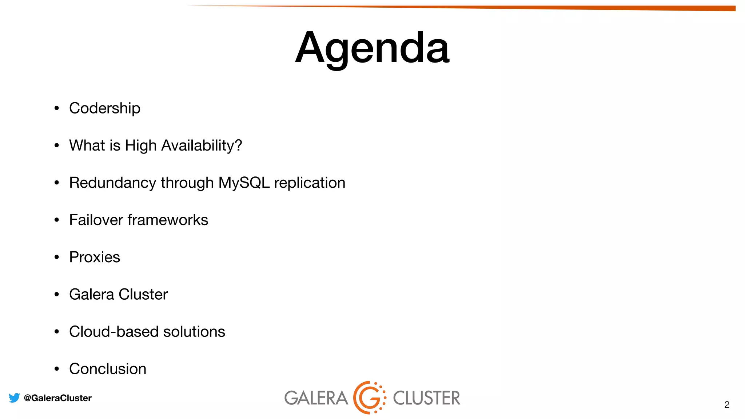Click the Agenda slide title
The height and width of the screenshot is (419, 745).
point(372,48)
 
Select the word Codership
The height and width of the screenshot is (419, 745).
point(105,108)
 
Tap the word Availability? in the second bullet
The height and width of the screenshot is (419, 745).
point(202,145)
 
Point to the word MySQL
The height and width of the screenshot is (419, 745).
point(244,183)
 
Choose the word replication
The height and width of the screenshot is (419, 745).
point(310,183)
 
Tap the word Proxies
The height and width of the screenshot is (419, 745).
point(95,257)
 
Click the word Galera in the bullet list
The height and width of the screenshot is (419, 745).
point(92,294)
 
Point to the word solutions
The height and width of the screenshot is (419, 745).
point(194,332)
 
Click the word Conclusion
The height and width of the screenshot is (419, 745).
point(108,369)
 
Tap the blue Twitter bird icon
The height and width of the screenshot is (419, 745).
point(14,398)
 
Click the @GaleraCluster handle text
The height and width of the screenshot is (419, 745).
point(57,398)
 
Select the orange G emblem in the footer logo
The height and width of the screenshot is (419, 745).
point(369,398)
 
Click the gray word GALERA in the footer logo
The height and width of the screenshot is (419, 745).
point(316,398)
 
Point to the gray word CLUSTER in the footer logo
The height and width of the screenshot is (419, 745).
point(426,398)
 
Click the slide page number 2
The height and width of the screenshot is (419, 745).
point(726,404)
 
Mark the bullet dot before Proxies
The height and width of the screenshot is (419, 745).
point(56,257)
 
